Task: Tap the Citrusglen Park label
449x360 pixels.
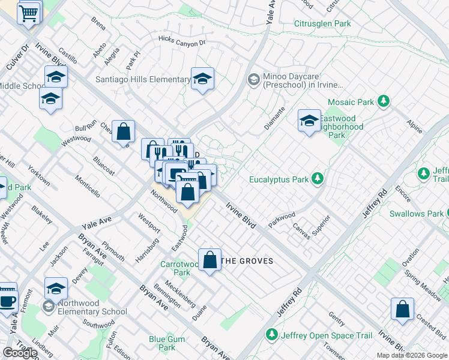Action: coord(322,24)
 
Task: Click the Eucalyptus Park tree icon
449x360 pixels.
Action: coord(317,179)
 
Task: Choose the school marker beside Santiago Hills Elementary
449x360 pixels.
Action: coord(203,79)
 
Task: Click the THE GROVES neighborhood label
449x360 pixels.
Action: coord(247,261)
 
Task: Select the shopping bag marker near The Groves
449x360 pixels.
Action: coord(209,260)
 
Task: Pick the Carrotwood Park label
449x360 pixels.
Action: coord(182,268)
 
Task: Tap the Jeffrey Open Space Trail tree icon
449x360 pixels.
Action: coord(272,333)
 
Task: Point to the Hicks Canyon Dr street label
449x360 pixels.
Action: coord(182,41)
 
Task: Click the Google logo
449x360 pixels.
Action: coord(20,353)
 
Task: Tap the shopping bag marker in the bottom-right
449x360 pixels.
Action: coord(402,309)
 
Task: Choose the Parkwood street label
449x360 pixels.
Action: coord(282,219)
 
